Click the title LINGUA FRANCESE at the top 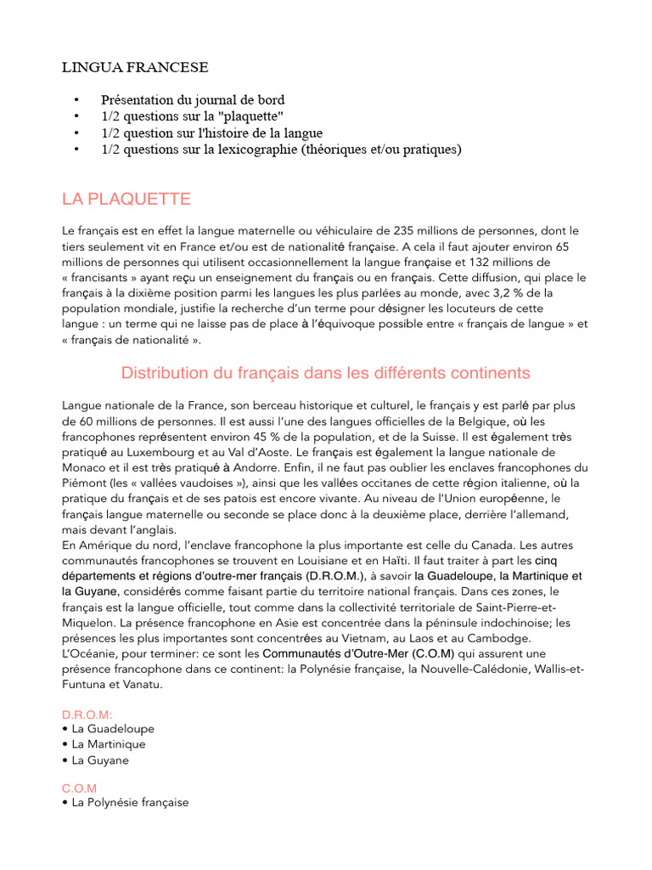coord(135,66)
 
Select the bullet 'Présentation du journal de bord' coord(193,100)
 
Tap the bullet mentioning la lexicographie coord(281,150)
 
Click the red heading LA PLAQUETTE coord(126,200)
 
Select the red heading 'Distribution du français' coord(325,373)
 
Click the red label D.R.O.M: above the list coord(87,714)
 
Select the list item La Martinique coord(109,744)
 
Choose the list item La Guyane coord(100,760)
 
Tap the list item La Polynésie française coord(130,802)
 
